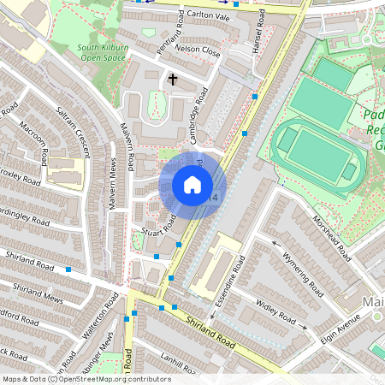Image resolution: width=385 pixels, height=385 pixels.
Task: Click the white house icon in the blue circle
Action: pos(192,185)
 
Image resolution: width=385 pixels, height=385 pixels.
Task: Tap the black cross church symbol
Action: pos(173,80)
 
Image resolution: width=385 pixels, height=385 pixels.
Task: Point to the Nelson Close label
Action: pos(198,50)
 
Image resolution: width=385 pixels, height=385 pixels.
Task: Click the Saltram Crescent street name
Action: pos(72,131)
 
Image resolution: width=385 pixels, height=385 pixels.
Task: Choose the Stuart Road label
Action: pos(159,224)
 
